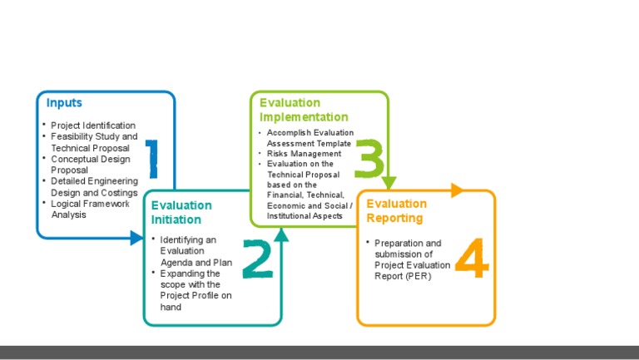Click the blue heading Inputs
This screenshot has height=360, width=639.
64,103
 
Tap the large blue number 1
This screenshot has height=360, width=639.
151,158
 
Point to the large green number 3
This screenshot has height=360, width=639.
369,158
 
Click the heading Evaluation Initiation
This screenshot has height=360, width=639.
181,212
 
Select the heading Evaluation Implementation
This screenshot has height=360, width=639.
304,110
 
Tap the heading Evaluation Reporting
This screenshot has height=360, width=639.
397,210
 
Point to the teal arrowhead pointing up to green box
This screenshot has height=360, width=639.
281,235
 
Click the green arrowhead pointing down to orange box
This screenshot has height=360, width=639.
389,183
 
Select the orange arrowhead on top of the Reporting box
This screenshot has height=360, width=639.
457,190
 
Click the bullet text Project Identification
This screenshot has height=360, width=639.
93,126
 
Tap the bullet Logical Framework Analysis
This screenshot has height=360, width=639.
91,209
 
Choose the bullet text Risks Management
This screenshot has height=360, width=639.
304,154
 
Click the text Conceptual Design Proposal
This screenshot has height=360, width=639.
91,164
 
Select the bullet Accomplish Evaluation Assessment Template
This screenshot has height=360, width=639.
310,138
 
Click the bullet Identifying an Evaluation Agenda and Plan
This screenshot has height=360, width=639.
196,250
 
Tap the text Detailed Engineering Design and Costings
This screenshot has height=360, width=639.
94,186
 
